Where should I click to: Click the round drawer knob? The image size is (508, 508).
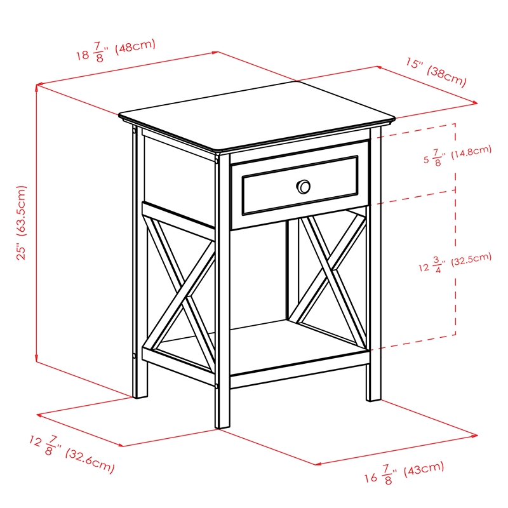pyautogui.click(x=304, y=186)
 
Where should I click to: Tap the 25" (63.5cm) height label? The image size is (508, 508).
pyautogui.click(x=22, y=222)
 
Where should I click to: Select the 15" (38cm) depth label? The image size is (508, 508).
pyautogui.click(x=436, y=72)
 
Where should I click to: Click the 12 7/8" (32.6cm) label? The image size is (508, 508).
pyautogui.click(x=72, y=453)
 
